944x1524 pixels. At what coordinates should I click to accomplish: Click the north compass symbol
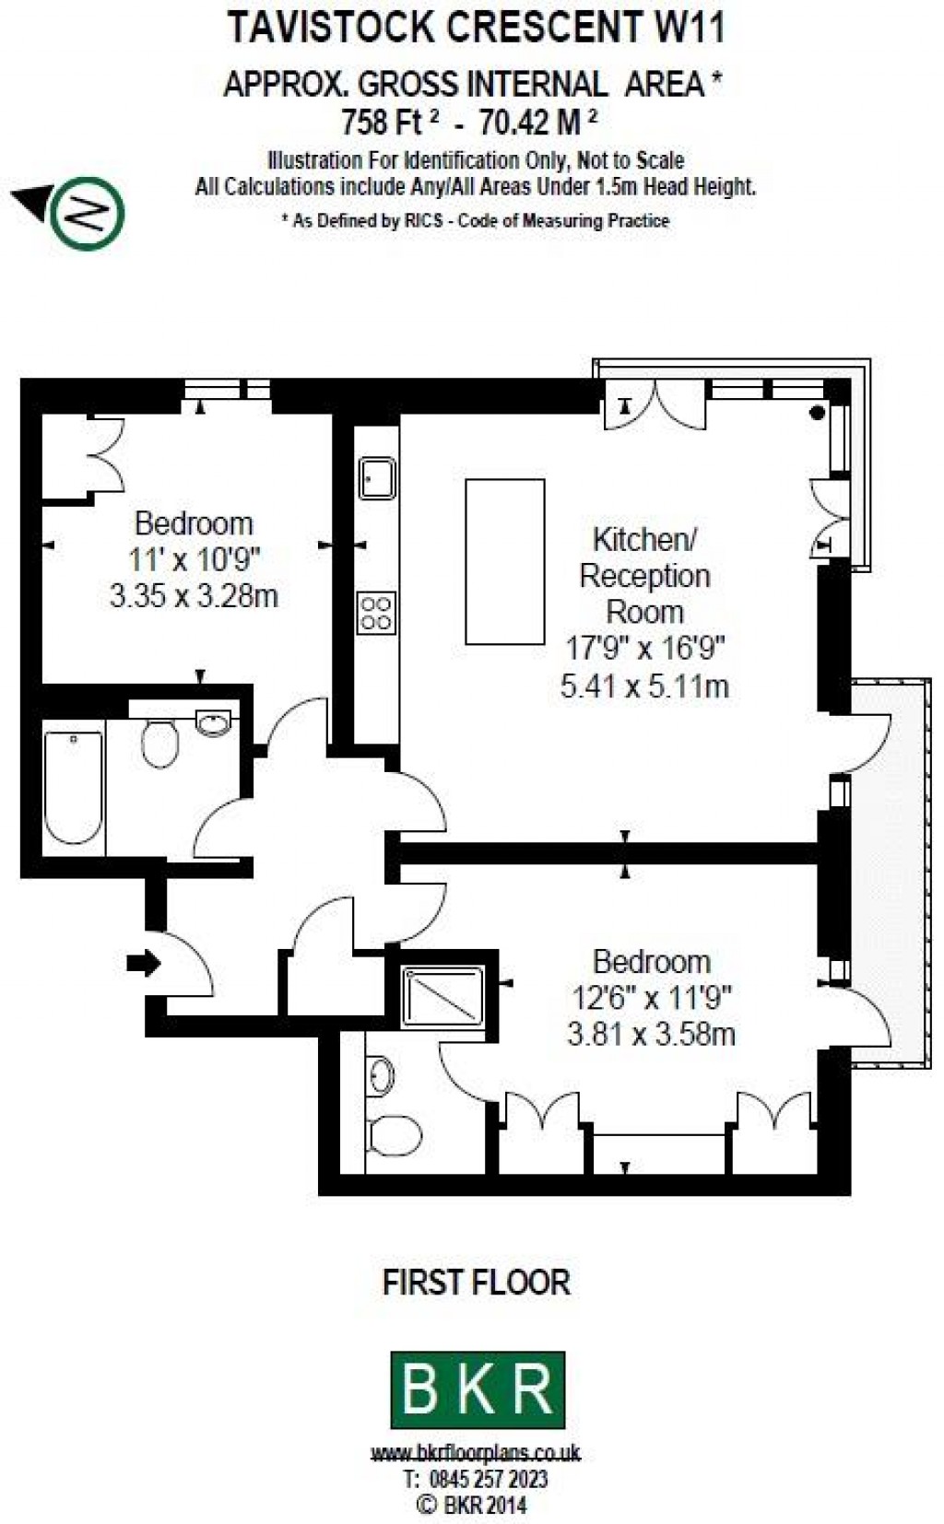(88, 212)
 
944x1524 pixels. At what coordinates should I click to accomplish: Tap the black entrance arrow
(143, 964)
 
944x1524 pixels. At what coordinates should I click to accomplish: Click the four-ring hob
(376, 612)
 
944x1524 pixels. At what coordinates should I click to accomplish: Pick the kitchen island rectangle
(505, 561)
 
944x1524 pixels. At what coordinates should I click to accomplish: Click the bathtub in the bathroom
(74, 788)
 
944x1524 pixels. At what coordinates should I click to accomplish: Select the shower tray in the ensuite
(443, 997)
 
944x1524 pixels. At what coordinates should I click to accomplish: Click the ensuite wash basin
(381, 1075)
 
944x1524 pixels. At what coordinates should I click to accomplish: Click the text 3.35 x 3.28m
(194, 596)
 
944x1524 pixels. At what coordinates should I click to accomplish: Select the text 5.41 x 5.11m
(644, 686)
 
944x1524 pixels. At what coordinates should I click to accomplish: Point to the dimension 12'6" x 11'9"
(651, 997)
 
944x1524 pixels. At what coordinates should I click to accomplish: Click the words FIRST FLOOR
(476, 1282)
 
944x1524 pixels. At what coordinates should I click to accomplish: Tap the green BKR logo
(478, 1389)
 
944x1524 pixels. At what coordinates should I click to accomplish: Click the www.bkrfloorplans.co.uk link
(476, 1453)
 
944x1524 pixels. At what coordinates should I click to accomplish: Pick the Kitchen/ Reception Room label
(644, 575)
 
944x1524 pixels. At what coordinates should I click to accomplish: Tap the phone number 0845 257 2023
(489, 1479)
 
